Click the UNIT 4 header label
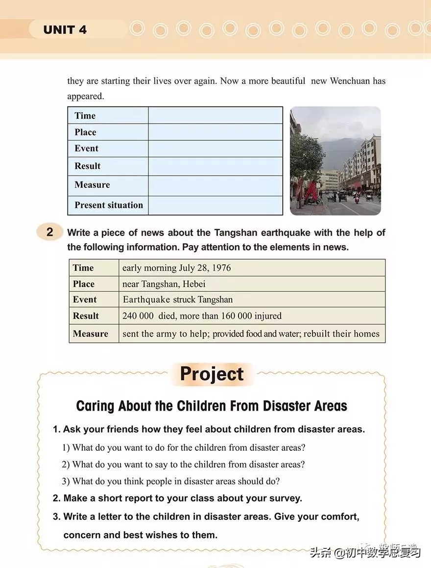[65, 30]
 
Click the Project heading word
[212, 374]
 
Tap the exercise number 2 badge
[49, 232]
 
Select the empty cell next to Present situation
[215, 206]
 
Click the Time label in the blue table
[85, 116]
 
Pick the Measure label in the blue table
[92, 185]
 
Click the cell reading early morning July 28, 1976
[176, 268]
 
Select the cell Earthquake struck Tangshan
[177, 300]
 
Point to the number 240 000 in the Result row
[138, 316]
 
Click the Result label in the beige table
[86, 316]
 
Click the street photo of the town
[335, 161]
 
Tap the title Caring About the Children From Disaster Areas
[212, 406]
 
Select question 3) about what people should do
[170, 481]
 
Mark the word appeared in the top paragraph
[86, 96]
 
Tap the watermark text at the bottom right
[365, 552]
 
